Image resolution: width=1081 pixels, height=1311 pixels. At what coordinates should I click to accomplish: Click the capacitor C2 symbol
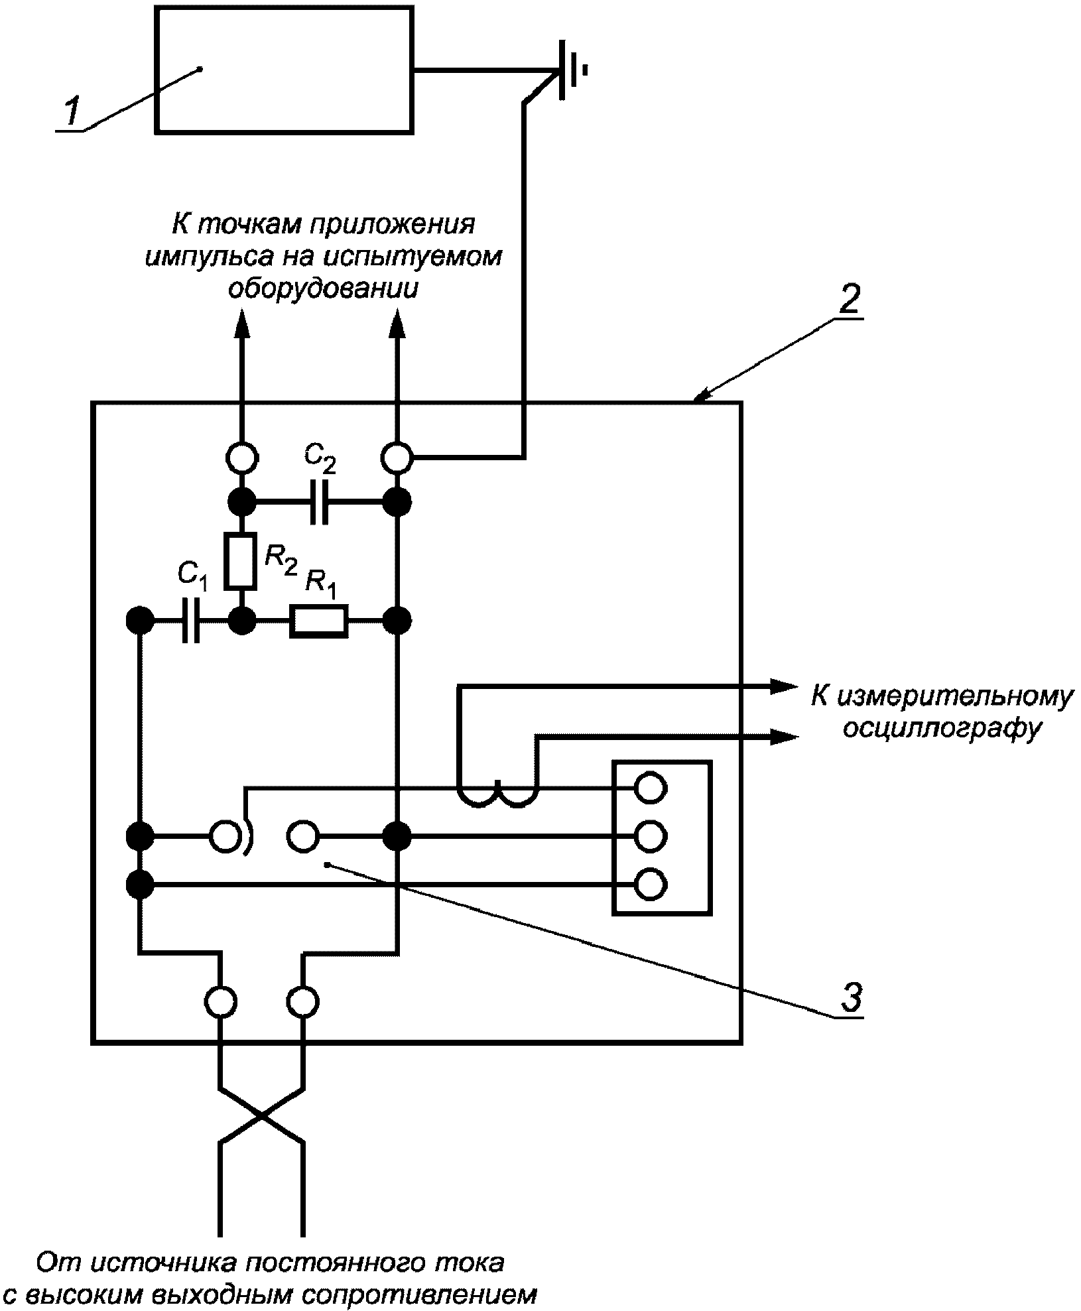pyautogui.click(x=319, y=500)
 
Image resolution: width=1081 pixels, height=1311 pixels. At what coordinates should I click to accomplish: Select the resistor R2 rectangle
pyautogui.click(x=240, y=561)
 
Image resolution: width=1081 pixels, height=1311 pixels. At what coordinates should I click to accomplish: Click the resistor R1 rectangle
pyautogui.click(x=318, y=621)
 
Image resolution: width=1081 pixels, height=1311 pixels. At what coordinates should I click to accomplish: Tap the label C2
pyautogui.click(x=320, y=459)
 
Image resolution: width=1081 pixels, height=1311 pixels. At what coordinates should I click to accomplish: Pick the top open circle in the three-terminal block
pyautogui.click(x=651, y=788)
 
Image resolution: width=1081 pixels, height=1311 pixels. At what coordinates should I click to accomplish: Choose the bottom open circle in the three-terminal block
pyautogui.click(x=651, y=883)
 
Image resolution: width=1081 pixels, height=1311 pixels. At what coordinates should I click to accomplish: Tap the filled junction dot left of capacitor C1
pyautogui.click(x=140, y=621)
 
